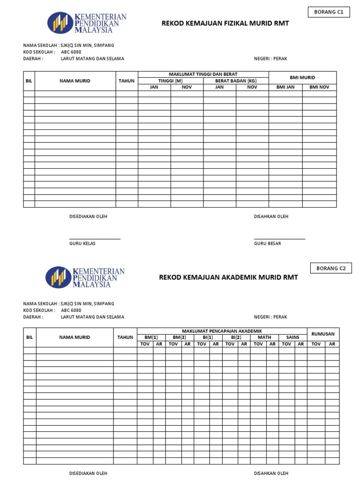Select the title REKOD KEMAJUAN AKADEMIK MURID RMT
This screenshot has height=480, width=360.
click(228, 277)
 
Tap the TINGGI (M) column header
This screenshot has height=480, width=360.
click(171, 81)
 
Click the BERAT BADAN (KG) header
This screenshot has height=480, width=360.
click(236, 81)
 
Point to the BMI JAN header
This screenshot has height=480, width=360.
click(285, 87)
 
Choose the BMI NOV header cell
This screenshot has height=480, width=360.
click(319, 87)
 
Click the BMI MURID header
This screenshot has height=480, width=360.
click(302, 77)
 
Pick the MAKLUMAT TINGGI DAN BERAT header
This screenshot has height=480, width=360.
click(203, 74)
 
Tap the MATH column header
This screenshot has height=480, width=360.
click(264, 337)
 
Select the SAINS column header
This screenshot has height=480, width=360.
click(292, 337)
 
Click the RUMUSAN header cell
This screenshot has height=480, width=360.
click(323, 334)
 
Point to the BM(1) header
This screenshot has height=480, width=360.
click(151, 337)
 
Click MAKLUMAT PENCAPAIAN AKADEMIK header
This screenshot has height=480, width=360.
click(222, 331)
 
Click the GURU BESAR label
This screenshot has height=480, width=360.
click(267, 244)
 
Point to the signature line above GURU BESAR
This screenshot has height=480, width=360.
click(279, 239)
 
